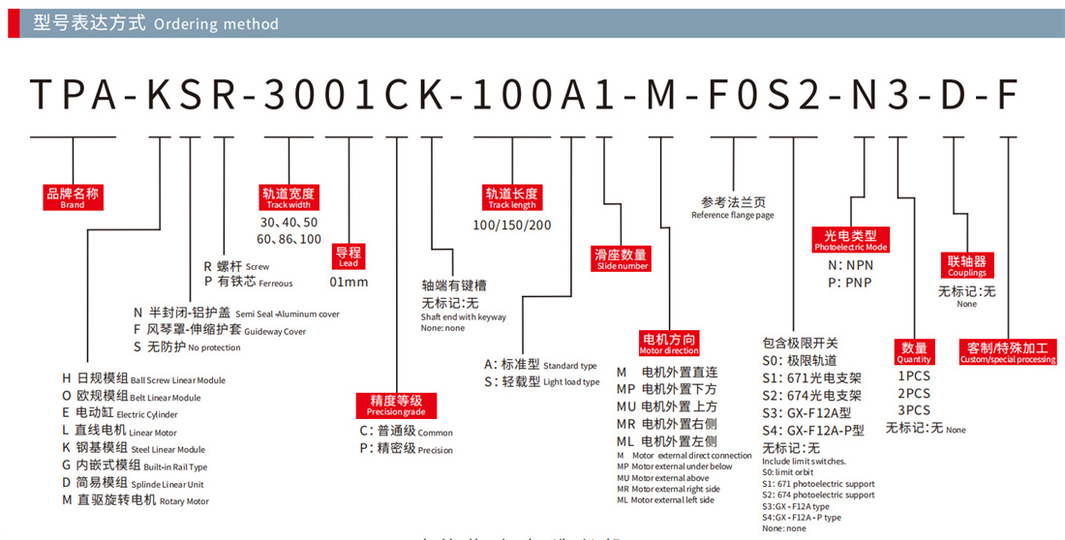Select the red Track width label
pyautogui.click(x=289, y=197)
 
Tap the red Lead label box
pyautogui.click(x=348, y=256)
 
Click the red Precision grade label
pyautogui.click(x=396, y=405)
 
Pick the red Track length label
pyautogui.click(x=511, y=197)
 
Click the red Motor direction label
pyautogui.click(x=669, y=344)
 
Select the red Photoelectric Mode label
pyautogui.click(x=850, y=240)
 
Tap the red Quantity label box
pyautogui.click(x=914, y=352)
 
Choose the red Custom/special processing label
pyautogui.click(x=1007, y=352)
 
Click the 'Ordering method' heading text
pyautogui.click(x=215, y=24)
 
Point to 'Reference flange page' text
pyautogui.click(x=732, y=216)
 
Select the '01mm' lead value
pyautogui.click(x=349, y=282)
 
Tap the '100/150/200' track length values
pyautogui.click(x=511, y=225)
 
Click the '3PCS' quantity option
pyautogui.click(x=914, y=410)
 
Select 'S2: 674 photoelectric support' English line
pyautogui.click(x=817, y=495)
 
